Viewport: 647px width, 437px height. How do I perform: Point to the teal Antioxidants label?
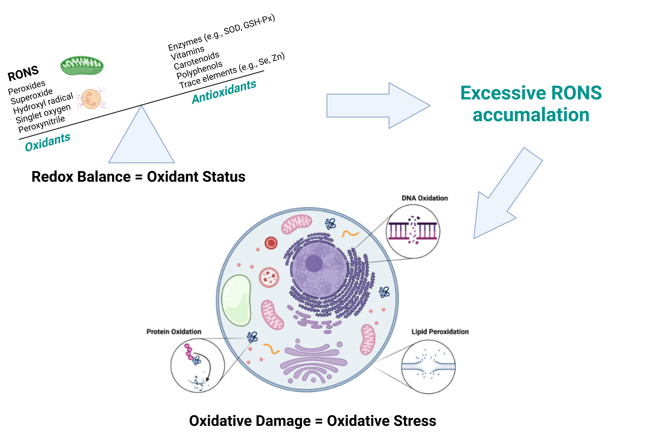224,92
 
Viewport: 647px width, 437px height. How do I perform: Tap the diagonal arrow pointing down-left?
504,195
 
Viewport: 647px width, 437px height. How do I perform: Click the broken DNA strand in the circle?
413,231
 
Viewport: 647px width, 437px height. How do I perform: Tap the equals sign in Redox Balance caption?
139,177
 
